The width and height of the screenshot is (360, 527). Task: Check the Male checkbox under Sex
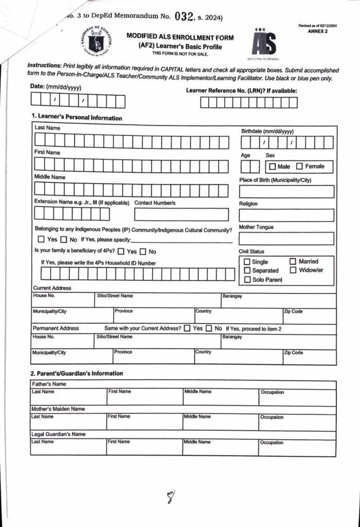272,167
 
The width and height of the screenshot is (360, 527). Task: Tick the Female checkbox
300,167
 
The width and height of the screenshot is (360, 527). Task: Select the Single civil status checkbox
247,262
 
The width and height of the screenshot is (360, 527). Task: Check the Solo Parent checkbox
247,280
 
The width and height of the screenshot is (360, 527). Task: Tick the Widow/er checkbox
293,270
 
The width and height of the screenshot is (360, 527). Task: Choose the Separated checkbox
247,271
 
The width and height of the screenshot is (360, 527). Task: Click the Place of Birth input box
286,192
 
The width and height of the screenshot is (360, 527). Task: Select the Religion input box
286,215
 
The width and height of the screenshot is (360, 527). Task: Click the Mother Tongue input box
286,239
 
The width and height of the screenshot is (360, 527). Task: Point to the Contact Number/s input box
182,215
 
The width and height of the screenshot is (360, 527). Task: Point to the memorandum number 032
184,16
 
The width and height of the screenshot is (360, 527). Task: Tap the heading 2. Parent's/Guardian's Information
77,374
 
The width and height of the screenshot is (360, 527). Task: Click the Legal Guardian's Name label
59,434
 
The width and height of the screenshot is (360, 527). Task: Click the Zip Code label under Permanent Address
294,353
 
